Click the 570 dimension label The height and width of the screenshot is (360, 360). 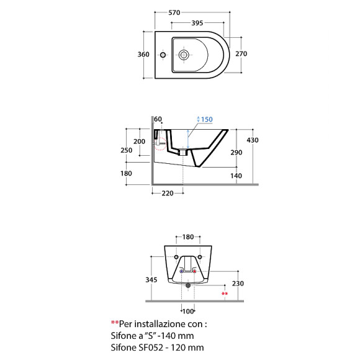(x=174, y=12)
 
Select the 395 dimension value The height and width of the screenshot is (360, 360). (x=197, y=23)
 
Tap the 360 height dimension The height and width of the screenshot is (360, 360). (x=143, y=55)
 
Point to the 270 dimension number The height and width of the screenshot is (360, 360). (x=241, y=54)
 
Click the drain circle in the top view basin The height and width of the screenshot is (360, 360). (x=184, y=55)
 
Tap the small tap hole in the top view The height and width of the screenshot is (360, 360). (x=163, y=55)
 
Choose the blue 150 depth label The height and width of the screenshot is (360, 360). (x=207, y=119)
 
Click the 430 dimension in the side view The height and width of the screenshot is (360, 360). (x=253, y=140)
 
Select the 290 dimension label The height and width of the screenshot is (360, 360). (x=236, y=153)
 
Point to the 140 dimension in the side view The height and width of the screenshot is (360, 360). (x=236, y=176)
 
